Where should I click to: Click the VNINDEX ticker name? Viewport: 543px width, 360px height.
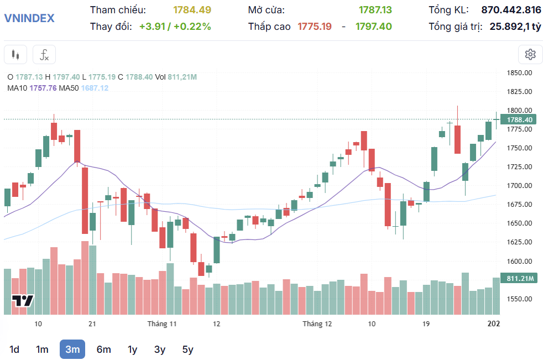coord(29,18)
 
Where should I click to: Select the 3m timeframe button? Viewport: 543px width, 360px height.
coord(72,349)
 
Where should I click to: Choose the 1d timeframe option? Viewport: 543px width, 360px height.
coord(14,349)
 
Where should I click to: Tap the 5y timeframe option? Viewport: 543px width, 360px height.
coord(188,349)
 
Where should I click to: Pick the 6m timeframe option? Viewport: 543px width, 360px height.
coord(103,349)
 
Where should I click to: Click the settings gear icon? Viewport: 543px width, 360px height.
coord(530,54)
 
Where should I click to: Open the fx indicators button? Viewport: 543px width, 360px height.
coord(44,55)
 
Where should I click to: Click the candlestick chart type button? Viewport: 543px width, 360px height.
coord(15,55)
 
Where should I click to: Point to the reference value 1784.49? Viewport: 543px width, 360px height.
coord(192,10)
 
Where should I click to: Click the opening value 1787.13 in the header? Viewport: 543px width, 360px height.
coord(375,10)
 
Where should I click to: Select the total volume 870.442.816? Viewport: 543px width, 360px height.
coord(511,10)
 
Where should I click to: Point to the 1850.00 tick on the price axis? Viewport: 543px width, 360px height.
coord(519,72)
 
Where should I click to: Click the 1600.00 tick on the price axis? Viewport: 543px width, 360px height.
coord(519,261)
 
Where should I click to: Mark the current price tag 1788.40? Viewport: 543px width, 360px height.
coord(519,119)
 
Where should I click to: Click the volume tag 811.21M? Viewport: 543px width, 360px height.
coord(519,278)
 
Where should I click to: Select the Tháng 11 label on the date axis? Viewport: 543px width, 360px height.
coord(161,323)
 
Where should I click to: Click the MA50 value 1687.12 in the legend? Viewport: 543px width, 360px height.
coord(95,88)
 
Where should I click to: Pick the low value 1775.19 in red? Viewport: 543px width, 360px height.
coord(315,26)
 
